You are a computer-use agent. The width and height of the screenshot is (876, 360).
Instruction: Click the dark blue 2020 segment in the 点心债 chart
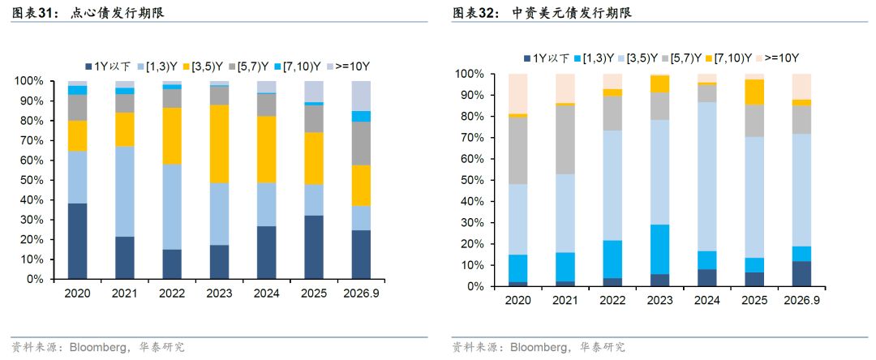[x=78, y=241]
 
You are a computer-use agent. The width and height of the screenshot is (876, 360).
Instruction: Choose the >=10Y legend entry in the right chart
[x=777, y=58]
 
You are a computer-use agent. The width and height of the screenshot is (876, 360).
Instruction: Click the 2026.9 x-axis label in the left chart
[x=361, y=294]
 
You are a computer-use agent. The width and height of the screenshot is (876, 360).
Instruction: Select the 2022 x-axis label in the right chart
[x=612, y=301]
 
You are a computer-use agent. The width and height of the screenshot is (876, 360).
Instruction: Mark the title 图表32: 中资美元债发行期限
[x=542, y=14]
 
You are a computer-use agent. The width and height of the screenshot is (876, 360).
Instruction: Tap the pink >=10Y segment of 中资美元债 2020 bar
[x=517, y=94]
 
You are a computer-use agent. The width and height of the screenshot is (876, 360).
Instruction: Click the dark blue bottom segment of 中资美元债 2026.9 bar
[x=801, y=274]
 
